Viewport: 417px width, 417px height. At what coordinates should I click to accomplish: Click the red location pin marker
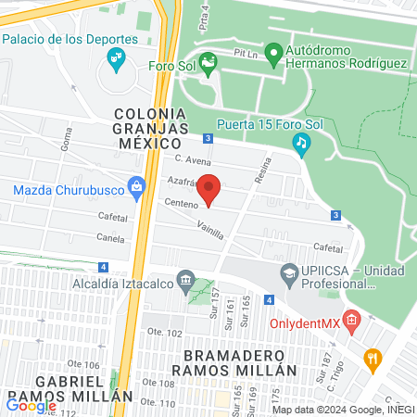click(210, 188)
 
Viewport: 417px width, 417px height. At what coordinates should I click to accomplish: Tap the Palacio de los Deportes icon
click(117, 60)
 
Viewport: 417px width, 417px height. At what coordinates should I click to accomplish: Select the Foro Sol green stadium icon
click(208, 65)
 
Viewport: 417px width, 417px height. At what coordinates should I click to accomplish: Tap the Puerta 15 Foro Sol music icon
click(300, 143)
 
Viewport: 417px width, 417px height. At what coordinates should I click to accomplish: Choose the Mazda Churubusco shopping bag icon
click(137, 189)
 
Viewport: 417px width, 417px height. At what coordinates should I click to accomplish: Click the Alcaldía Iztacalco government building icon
click(185, 279)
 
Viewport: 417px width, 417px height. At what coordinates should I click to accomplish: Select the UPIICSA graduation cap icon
click(287, 274)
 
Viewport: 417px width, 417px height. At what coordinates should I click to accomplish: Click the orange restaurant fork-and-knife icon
click(373, 359)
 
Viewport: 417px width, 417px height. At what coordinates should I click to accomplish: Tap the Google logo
click(32, 404)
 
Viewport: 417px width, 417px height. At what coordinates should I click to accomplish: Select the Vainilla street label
click(210, 230)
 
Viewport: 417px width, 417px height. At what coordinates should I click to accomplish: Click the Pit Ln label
click(246, 55)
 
